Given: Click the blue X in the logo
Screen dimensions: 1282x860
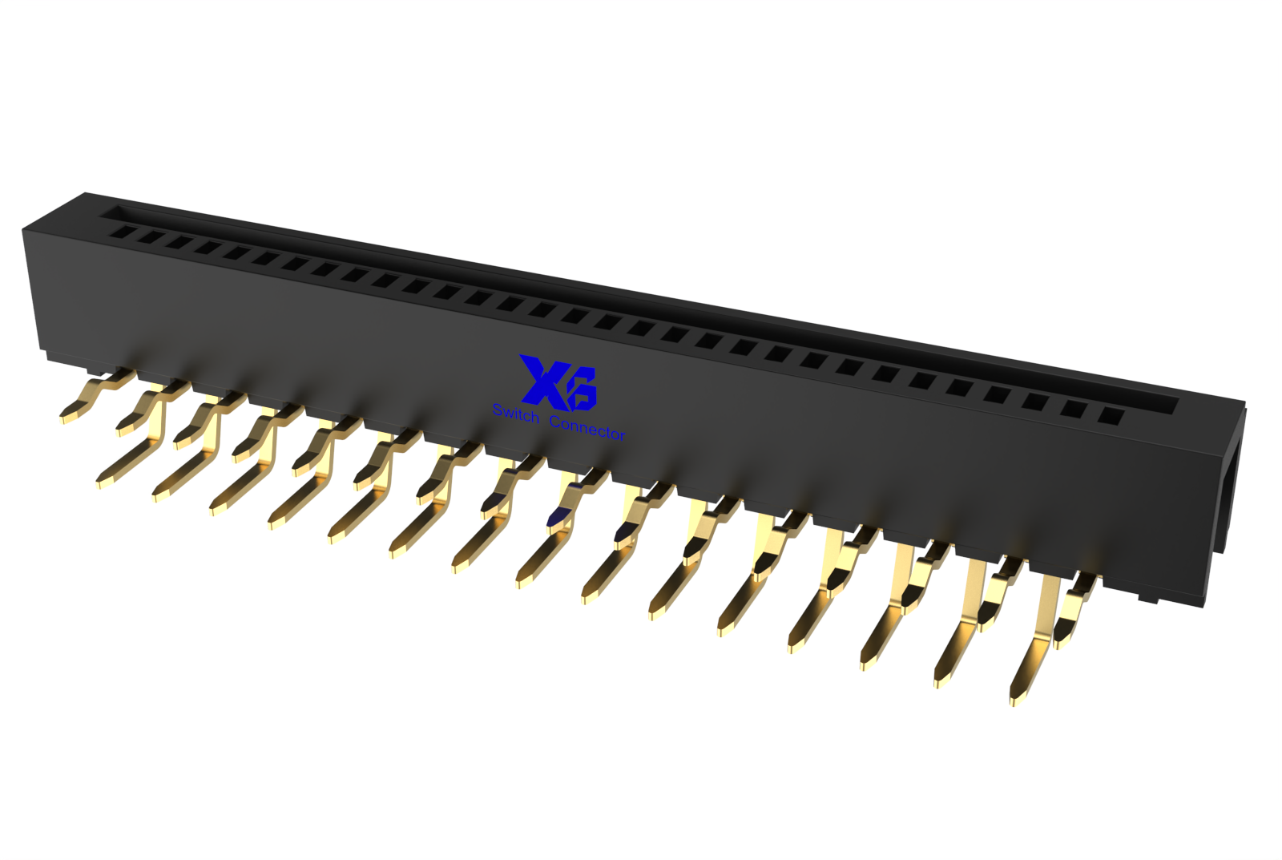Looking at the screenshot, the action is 542,378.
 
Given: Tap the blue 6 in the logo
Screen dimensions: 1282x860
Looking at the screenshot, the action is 579,390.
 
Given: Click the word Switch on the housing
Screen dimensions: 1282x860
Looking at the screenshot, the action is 516,414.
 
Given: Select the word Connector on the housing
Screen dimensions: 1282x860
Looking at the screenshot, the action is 587,429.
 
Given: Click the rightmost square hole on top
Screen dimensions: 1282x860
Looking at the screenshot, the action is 1113,415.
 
